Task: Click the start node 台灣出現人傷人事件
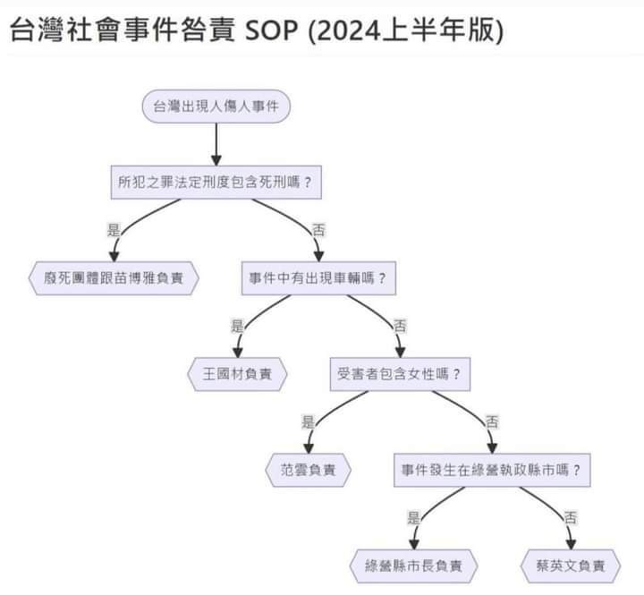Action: [x=216, y=106]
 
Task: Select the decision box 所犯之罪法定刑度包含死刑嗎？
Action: [x=216, y=183]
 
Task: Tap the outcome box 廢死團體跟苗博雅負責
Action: [x=114, y=278]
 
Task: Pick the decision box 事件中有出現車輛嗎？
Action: [x=318, y=278]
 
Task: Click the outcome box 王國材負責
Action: [x=237, y=374]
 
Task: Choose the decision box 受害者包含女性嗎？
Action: [x=400, y=374]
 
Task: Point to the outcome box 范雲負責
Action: [x=308, y=470]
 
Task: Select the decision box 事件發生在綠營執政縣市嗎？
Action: [x=492, y=470]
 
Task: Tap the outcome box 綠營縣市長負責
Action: [x=413, y=565]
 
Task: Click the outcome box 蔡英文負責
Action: [x=571, y=565]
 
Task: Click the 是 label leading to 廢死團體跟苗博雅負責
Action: [x=114, y=229]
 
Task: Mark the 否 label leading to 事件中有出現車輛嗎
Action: [x=318, y=229]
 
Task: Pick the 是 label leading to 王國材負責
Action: [x=237, y=326]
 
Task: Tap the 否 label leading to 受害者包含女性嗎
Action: [x=400, y=326]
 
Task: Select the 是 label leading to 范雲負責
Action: [x=308, y=421]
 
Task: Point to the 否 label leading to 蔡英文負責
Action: [x=571, y=517]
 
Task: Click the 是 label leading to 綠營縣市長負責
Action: [x=414, y=517]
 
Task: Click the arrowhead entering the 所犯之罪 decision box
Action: [x=216, y=161]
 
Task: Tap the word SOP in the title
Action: [x=271, y=30]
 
